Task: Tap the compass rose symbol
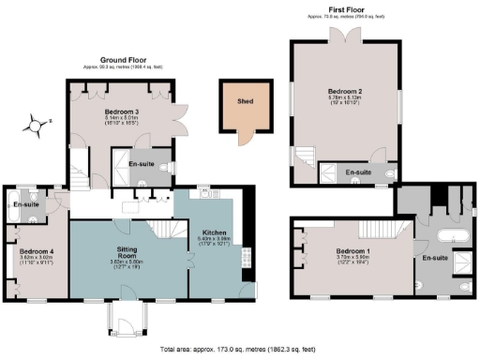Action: pyautogui.click(x=36, y=123)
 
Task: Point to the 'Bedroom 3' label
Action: pyautogui.click(x=123, y=112)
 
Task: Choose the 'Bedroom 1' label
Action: pyautogui.click(x=353, y=251)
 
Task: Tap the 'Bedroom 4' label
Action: pyautogui.click(x=37, y=251)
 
